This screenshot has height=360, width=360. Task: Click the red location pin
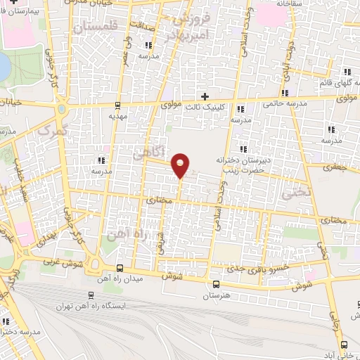(x=181, y=165)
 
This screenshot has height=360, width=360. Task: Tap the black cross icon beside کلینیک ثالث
(x=205, y=96)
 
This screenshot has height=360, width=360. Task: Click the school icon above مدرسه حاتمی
(x=285, y=93)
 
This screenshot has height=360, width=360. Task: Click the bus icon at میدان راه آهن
(x=120, y=268)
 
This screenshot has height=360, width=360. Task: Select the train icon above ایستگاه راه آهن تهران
(x=91, y=295)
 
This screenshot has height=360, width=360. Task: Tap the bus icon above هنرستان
(x=215, y=285)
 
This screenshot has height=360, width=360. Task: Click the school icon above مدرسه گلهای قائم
(x=347, y=72)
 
